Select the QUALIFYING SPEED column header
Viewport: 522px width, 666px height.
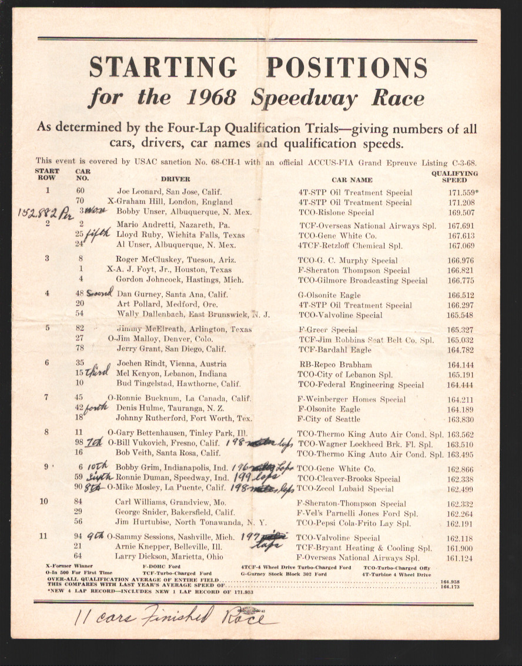click(454, 177)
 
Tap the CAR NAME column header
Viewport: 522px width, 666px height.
click(352, 180)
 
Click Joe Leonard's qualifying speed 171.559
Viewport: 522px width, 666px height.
click(460, 193)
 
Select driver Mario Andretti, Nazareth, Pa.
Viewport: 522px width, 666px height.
click(173, 226)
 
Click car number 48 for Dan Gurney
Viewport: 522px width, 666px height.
click(80, 294)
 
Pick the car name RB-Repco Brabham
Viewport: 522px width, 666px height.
click(335, 364)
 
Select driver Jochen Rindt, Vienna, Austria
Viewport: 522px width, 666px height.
click(171, 364)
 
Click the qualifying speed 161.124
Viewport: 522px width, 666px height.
click(459, 558)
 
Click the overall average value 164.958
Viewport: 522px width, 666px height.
click(451, 581)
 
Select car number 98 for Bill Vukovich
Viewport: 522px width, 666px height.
click(79, 444)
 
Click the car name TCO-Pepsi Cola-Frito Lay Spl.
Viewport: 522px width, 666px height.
click(354, 523)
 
